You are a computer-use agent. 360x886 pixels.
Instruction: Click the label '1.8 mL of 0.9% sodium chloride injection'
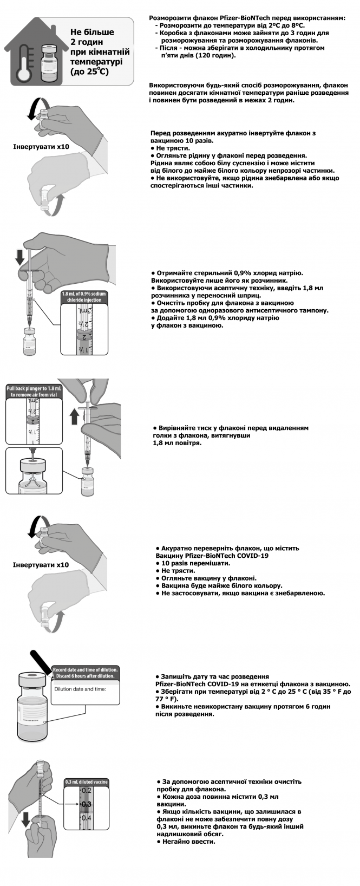tap(84, 296)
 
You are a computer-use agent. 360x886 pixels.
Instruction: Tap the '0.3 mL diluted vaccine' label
tap(86, 781)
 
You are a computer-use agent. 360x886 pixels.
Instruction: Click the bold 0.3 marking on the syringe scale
tap(86, 804)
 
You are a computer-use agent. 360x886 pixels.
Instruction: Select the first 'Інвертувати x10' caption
tap(41, 147)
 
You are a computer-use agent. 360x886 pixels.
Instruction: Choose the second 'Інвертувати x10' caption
tap(41, 565)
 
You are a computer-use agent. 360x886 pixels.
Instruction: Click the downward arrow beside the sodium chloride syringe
tap(19, 257)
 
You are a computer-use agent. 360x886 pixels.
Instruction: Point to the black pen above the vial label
tap(42, 663)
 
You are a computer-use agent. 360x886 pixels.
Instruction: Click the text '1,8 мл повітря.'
tap(177, 443)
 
